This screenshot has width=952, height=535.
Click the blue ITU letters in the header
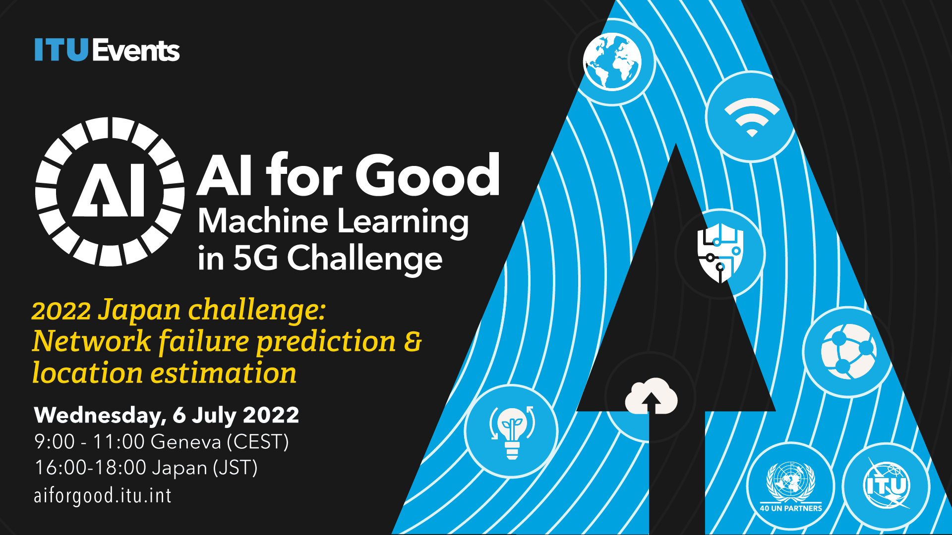coord(61,50)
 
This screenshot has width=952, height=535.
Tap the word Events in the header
coord(136,50)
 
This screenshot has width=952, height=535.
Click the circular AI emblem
coord(110,192)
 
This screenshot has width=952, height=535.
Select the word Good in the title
coord(427,174)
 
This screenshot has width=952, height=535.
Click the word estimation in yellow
coord(224,373)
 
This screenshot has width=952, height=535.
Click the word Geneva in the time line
coord(185,441)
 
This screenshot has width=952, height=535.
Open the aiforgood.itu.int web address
coord(103,495)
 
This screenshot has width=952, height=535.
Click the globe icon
coord(612,62)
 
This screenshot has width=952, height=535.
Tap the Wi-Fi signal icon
coord(752,117)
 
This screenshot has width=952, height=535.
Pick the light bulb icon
coord(512,431)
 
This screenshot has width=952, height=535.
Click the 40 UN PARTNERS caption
coord(791,508)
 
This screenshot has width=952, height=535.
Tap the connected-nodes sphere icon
coord(848,352)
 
